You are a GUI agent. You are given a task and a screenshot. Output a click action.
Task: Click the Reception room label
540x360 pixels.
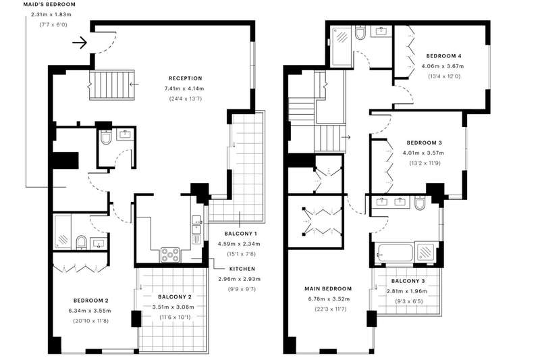[185, 78]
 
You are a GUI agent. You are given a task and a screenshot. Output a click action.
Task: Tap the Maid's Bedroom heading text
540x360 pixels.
[49, 5]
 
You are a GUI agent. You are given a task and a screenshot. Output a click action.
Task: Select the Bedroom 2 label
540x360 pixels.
[91, 301]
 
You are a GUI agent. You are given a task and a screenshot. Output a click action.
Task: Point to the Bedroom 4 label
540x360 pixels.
[443, 56]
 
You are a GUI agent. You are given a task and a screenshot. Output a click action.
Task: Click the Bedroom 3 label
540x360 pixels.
[424, 143]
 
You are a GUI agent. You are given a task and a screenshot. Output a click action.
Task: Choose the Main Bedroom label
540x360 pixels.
[328, 288]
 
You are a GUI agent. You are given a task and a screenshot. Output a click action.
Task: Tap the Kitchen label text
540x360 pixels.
[242, 269]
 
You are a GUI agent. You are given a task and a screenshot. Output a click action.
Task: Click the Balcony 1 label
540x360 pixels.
[240, 234]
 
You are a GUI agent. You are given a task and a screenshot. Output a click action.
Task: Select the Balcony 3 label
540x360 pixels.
[408, 281]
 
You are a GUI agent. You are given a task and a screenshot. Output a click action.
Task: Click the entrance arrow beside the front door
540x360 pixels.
[80, 43]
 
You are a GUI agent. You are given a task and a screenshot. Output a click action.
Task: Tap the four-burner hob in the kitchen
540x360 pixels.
[170, 255]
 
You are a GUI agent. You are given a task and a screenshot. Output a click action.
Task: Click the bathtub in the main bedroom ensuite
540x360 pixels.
[396, 253]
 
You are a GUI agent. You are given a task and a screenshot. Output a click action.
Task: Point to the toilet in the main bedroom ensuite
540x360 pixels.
[421, 203]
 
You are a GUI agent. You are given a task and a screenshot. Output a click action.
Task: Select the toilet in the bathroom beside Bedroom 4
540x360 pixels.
[360, 33]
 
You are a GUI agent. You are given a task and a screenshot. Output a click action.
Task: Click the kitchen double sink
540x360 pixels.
[196, 230]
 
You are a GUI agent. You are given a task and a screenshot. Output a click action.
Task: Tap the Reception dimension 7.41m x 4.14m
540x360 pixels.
[184, 88]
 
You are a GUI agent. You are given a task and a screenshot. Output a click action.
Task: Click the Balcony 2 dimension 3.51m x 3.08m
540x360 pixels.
[173, 307]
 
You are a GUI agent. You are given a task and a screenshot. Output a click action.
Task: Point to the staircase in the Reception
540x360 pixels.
[111, 85]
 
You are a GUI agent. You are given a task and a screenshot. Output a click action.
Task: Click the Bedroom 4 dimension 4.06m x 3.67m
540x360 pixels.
[443, 66]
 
